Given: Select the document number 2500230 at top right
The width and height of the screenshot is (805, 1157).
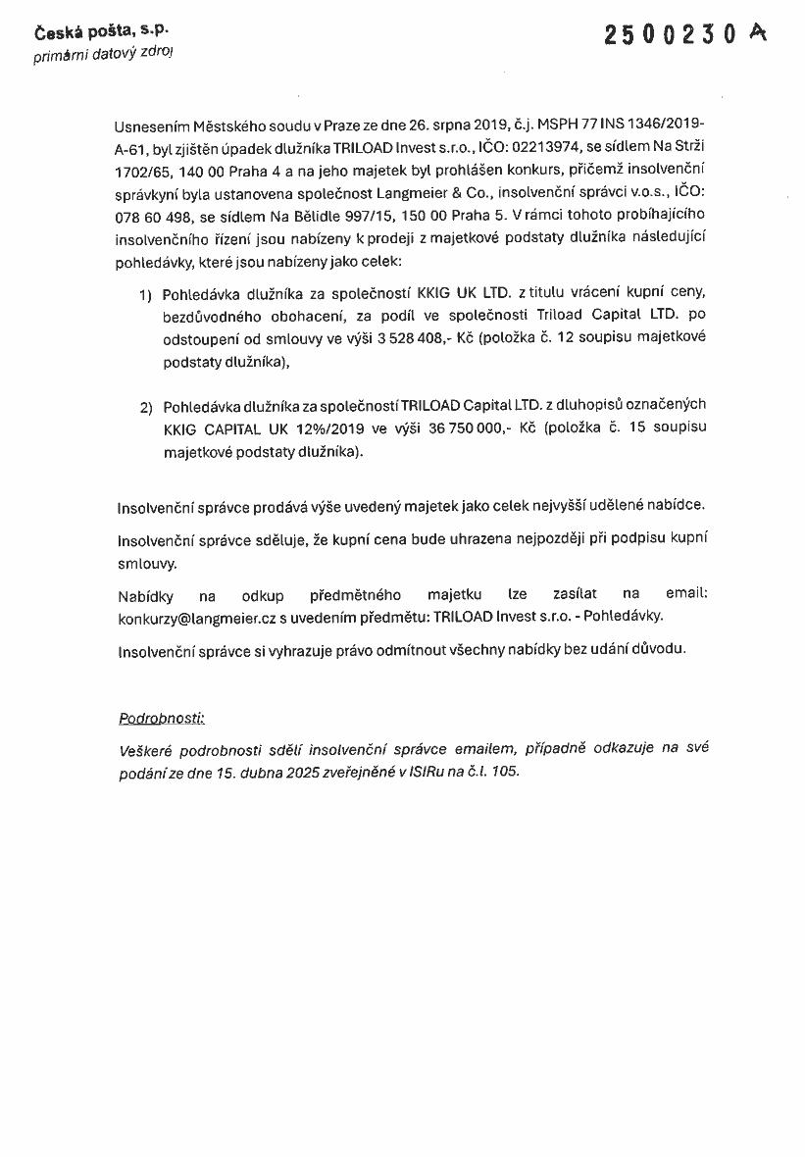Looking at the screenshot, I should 671,35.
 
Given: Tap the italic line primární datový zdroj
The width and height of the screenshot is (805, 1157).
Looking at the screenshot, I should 103,55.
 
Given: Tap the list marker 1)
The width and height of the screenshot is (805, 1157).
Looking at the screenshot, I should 146,293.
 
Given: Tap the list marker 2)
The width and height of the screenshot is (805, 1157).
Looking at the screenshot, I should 146,405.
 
